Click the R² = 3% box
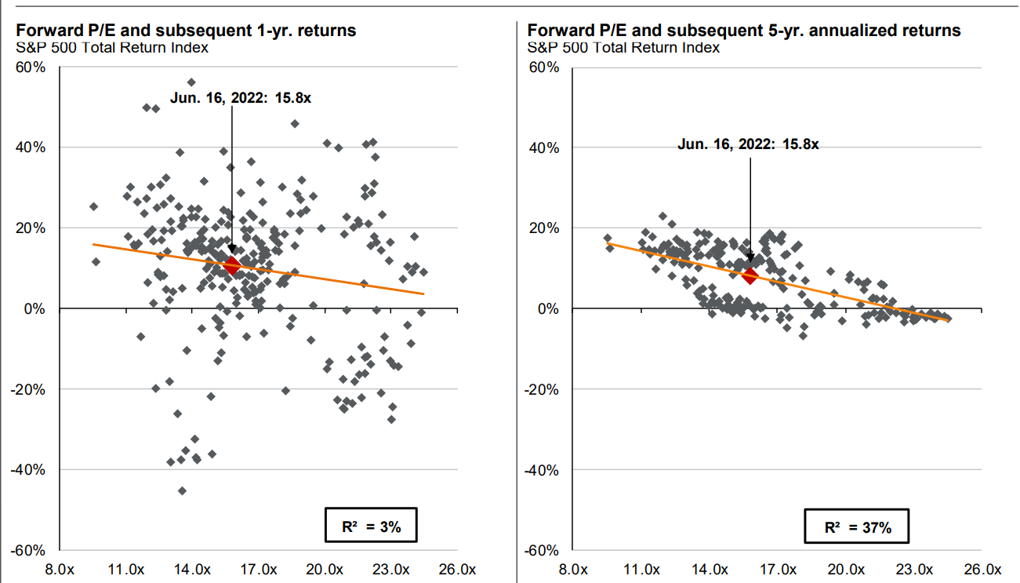click(x=370, y=527)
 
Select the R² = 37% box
click(x=858, y=527)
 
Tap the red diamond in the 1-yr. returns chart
click(x=231, y=266)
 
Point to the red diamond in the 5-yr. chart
click(x=750, y=275)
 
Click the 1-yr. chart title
click(x=185, y=31)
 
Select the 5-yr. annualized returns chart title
click(x=743, y=31)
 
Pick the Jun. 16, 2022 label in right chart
click(x=748, y=144)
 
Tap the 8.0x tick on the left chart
click(x=60, y=568)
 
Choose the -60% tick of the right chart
click(x=542, y=551)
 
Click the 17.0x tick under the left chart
click(x=259, y=568)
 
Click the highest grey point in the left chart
click(x=191, y=82)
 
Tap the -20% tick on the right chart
click(x=542, y=389)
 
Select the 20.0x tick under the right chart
click(x=847, y=568)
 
